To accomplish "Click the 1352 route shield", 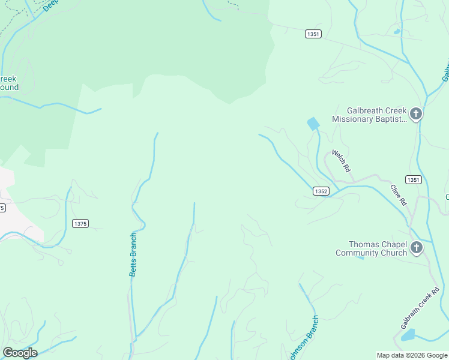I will [321, 191].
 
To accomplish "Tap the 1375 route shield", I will [80, 224].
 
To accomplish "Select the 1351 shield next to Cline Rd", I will [413, 180].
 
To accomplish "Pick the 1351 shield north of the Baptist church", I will [313, 34].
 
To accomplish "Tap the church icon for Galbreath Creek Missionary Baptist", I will [415, 114].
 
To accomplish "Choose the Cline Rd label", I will [399, 195].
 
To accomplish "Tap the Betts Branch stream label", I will [133, 254].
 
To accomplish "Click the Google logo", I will [20, 353].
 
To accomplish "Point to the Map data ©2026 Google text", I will [412, 355].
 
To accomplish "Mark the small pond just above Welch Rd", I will [313, 124].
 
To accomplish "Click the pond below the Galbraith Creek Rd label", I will [408, 335].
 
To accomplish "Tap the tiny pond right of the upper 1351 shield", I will [396, 31].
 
